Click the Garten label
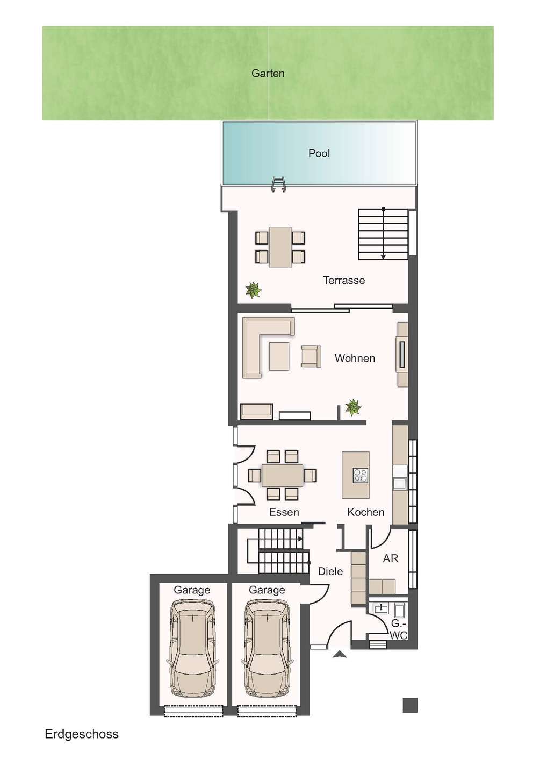268,74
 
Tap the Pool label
319,153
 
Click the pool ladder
279,184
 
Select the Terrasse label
344,280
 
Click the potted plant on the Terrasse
253,290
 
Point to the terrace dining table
280,247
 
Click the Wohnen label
355,359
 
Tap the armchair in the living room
311,356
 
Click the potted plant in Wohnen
353,407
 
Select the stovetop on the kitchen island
361,475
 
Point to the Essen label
284,512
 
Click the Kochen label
366,512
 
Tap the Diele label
330,571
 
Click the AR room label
391,558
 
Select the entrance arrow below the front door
340,654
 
